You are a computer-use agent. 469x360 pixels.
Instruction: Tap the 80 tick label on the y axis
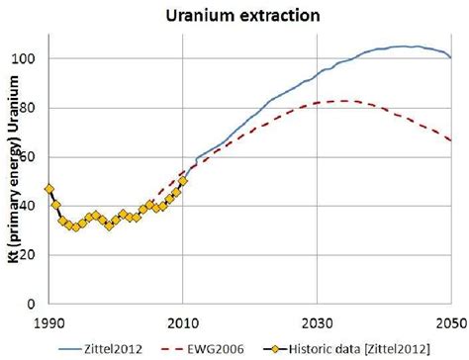coord(30,108)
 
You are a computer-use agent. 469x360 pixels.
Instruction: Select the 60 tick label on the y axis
coord(30,157)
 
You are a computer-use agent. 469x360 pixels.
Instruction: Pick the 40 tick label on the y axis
coord(30,206)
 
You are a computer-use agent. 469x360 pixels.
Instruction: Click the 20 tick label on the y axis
coord(30,255)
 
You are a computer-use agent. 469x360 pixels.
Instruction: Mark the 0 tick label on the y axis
coord(33,304)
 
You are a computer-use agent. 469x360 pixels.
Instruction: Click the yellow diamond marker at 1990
coord(49,189)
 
